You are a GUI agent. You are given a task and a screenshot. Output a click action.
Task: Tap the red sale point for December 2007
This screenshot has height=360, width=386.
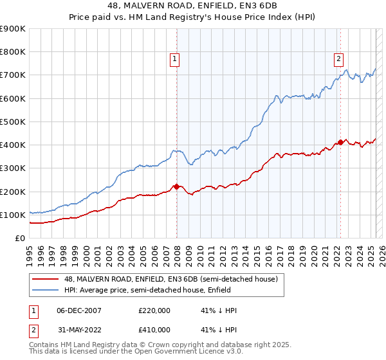(176, 186)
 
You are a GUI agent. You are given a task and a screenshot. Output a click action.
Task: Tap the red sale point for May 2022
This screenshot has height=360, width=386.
(340, 142)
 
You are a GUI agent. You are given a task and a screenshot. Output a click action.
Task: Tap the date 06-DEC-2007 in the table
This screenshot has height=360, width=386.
(79, 310)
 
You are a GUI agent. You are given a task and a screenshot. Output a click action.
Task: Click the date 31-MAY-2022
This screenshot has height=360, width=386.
(79, 330)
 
